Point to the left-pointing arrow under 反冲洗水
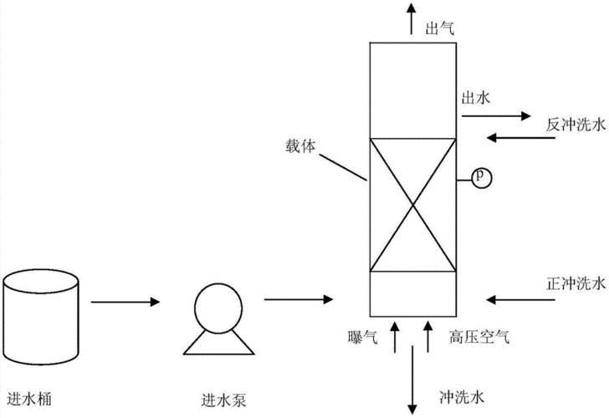coord(519,135)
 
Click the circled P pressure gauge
coord(480,176)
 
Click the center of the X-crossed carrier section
coord(413,204)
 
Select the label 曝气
coord(361,338)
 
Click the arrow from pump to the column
coord(299,298)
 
